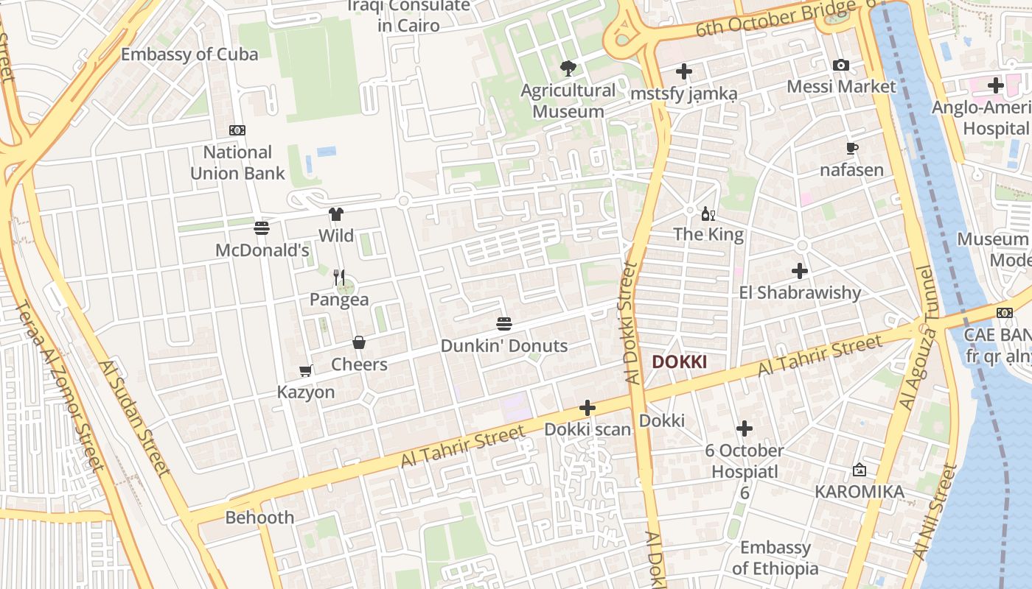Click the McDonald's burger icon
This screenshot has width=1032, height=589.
tap(262, 228)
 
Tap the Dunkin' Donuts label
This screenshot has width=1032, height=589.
tap(504, 345)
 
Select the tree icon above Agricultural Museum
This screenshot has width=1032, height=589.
tap(568, 68)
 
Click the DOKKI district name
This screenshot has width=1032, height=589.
tap(680, 361)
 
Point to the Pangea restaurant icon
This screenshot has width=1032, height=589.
tap(339, 277)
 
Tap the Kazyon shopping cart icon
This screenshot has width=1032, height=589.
tap(305, 370)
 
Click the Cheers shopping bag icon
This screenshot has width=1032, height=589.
tap(359, 342)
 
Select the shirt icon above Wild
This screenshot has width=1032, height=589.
tap(336, 214)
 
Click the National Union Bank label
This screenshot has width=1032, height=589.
tap(237, 163)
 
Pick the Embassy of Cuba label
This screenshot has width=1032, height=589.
tap(189, 54)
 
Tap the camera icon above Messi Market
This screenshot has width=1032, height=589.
tap(841, 66)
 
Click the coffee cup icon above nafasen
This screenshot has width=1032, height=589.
tap(852, 149)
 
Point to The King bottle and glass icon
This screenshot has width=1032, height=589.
tap(708, 214)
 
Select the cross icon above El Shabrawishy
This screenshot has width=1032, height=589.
tap(800, 271)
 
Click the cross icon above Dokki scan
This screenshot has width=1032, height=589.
tap(588, 408)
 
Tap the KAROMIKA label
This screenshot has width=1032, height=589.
tap(860, 491)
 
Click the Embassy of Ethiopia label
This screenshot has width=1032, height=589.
tap(775, 557)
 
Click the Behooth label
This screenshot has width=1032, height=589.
tap(259, 518)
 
